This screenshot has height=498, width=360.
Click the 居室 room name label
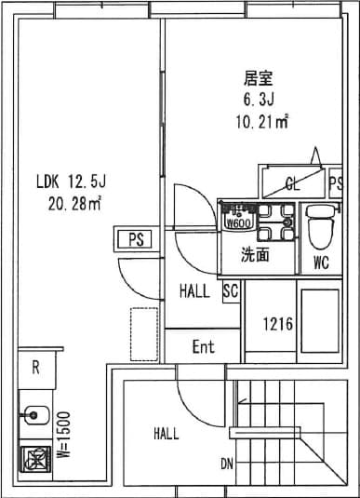click(x=257, y=77)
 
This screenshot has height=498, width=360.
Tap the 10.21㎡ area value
click(x=261, y=119)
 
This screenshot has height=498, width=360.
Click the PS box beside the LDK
click(x=136, y=239)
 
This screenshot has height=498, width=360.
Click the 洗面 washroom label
click(x=255, y=254)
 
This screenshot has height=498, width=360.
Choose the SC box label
click(x=232, y=291)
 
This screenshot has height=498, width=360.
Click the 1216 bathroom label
click(x=277, y=325)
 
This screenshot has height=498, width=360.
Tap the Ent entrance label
click(x=203, y=347)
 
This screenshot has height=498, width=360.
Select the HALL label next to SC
click(x=194, y=291)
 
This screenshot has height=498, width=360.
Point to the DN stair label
click(x=227, y=463)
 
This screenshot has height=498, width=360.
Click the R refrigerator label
click(x=35, y=367)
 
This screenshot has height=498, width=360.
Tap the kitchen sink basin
click(x=35, y=413)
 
